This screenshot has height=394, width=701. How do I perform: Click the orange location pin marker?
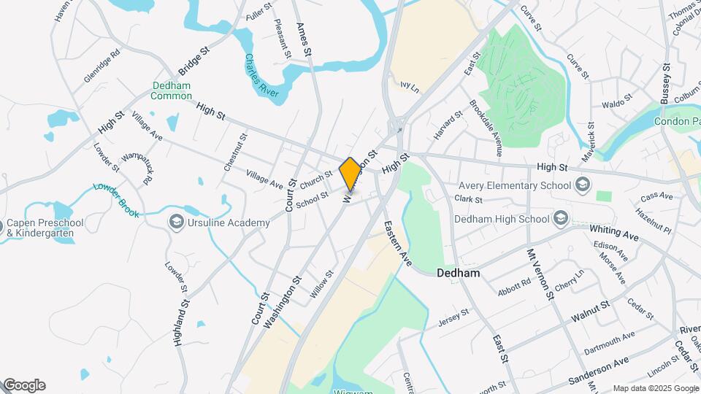tap(350, 174)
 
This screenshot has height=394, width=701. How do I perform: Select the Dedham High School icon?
tap(560, 218)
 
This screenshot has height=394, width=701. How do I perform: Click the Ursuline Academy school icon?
tap(176, 221)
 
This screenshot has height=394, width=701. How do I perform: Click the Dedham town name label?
tap(458, 274)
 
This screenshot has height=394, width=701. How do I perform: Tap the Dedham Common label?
tap(172, 90)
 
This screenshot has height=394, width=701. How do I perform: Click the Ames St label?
tap(304, 39)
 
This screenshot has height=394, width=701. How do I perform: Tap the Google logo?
tap(24, 385)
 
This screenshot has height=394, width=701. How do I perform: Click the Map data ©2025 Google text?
tap(654, 388)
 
